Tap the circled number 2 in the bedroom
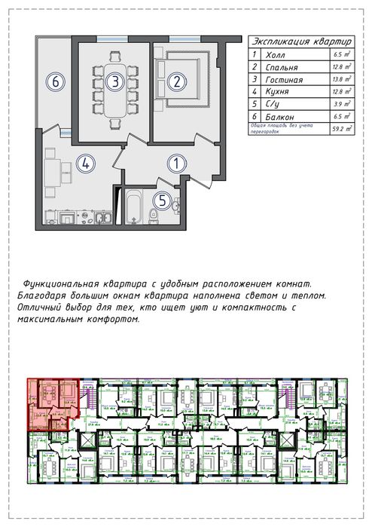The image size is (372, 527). point(175,81)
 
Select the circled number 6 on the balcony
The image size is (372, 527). point(54,81)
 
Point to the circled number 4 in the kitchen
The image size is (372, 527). point(86,162)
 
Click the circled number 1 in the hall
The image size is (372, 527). point(175,162)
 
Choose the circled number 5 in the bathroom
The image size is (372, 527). point(163,201)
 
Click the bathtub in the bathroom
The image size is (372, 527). point(133,207)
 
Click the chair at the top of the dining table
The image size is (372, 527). point(114,55)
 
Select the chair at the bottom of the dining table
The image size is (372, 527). point(114,124)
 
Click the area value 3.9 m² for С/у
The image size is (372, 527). point(343,104)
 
